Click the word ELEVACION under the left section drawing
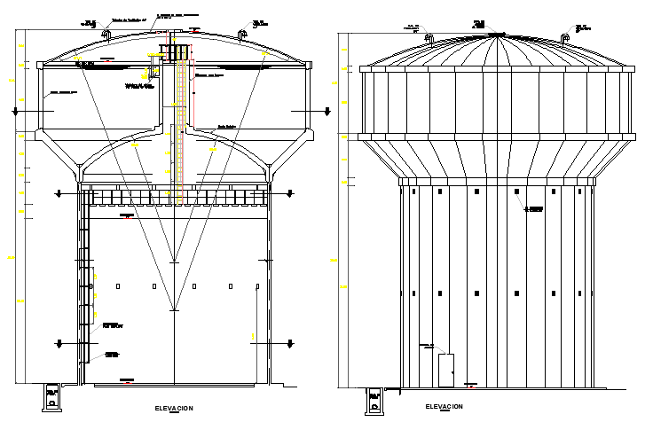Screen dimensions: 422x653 (173, 408)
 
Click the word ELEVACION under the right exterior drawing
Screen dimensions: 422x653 (444, 407)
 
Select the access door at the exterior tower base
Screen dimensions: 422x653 (445, 369)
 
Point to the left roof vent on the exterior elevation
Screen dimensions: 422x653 (429, 37)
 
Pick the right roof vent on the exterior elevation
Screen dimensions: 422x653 (565, 37)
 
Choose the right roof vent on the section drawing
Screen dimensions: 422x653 (241, 35)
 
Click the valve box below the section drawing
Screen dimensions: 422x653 (51, 399)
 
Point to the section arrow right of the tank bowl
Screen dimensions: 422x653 (327, 111)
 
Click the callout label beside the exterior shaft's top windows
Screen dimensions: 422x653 (534, 209)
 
